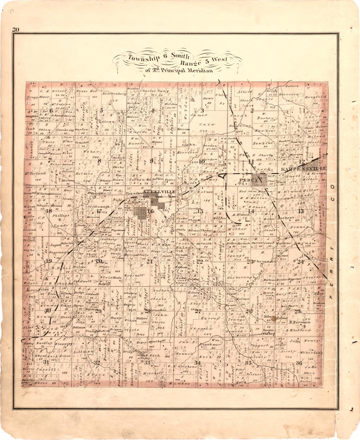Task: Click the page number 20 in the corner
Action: [16, 30]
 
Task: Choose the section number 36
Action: [298, 363]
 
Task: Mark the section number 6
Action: [51, 111]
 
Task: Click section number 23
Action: [250, 261]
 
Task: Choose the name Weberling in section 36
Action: [311, 353]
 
